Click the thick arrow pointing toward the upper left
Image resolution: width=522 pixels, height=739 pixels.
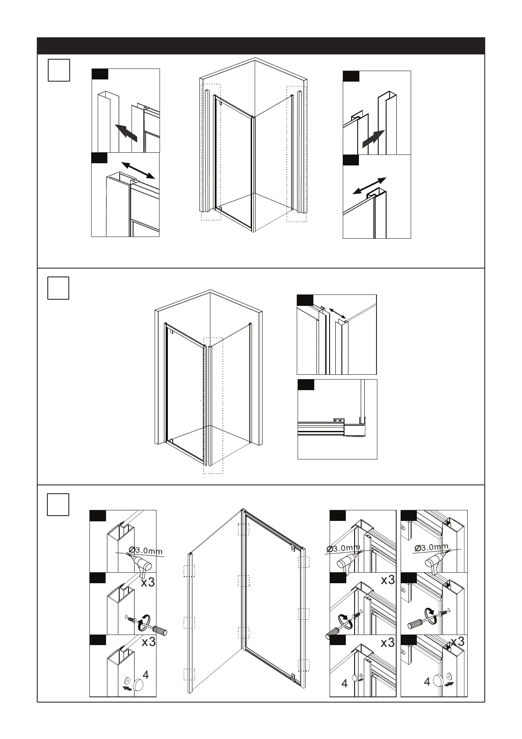(x=126, y=132)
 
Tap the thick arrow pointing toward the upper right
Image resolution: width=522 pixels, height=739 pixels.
(x=373, y=139)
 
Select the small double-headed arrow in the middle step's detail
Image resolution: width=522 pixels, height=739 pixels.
(x=337, y=313)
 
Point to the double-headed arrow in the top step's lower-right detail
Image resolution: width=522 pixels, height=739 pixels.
(x=369, y=186)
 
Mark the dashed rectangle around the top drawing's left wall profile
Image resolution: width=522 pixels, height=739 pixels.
(x=211, y=152)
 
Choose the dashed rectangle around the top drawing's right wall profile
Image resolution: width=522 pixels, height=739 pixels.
(x=296, y=154)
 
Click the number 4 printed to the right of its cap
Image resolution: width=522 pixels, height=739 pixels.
(x=146, y=675)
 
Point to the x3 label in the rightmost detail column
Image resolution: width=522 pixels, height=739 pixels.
(x=458, y=642)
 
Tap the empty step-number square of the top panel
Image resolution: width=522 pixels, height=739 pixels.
(x=59, y=70)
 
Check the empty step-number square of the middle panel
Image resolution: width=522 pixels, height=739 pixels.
(x=58, y=288)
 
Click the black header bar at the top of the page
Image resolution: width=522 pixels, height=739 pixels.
(x=261, y=46)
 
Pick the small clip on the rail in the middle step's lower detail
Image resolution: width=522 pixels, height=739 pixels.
(x=338, y=420)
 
